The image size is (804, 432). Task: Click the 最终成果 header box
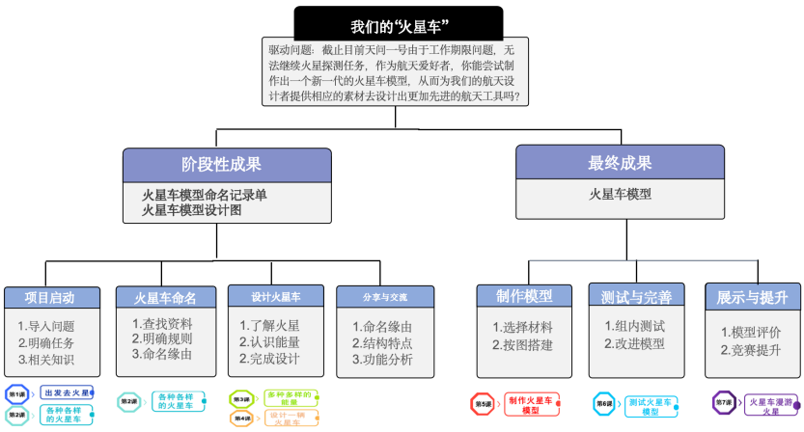[619, 163]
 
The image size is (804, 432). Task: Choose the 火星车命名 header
[164, 297]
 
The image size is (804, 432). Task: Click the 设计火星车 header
[276, 297]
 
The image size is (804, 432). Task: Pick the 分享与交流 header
[384, 297]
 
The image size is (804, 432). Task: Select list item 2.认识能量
[269, 341]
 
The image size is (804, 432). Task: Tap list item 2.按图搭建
[522, 344]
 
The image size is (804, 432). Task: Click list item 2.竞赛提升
[750, 348]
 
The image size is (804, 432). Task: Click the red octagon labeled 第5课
[482, 404]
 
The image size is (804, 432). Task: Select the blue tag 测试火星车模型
[650, 406]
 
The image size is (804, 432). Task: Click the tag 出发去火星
[67, 393]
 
